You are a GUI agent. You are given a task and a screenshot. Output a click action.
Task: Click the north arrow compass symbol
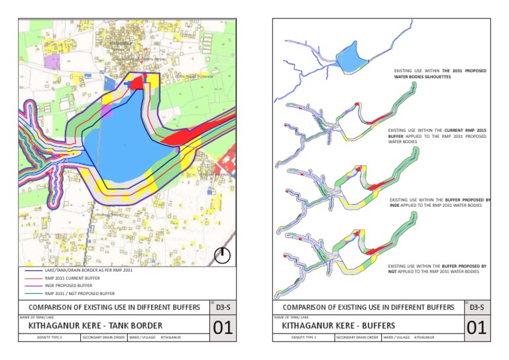pyautogui.click(x=223, y=255)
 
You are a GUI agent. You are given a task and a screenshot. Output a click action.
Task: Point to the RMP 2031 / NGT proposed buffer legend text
pyautogui.click(x=79, y=293)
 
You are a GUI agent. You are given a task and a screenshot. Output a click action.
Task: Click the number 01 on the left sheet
pyautogui.click(x=223, y=328)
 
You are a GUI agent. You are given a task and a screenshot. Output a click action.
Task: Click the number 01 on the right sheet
pyautogui.click(x=477, y=328)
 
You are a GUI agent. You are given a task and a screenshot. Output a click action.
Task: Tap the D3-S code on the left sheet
pyautogui.click(x=222, y=308)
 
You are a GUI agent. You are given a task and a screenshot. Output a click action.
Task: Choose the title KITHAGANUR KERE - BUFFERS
pyautogui.click(x=339, y=326)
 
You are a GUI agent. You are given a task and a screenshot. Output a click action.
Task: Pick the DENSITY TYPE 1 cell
pyautogui.click(x=304, y=338)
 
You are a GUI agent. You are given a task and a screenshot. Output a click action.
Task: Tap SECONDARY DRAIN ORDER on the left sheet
pyautogui.click(x=100, y=338)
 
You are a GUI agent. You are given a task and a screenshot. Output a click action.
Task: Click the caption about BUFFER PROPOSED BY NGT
pyautogui.click(x=437, y=269)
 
